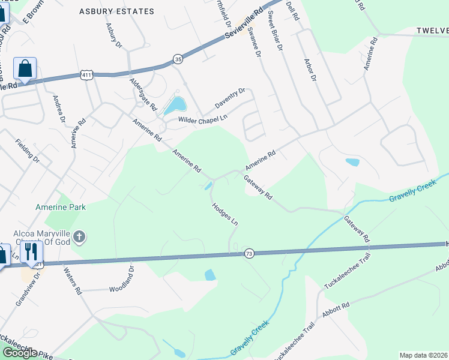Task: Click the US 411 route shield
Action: point(86,74)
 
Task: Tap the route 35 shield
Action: point(178,58)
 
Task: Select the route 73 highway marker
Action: point(249,254)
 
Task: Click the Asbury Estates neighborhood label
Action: point(116,11)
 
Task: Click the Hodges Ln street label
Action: point(224,214)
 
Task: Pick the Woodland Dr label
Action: point(122,282)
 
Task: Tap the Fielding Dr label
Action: point(28,152)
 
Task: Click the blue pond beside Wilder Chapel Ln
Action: point(175,106)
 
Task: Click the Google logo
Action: point(19,353)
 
